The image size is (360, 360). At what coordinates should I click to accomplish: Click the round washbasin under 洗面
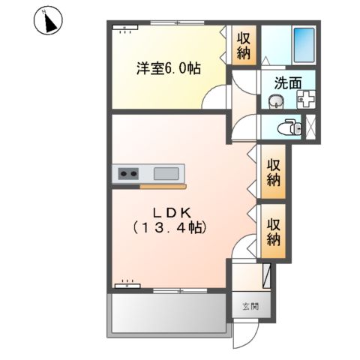click(274, 101)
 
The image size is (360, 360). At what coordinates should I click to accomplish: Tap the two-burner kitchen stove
click(127, 174)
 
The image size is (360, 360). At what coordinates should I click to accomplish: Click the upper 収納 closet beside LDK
click(273, 173)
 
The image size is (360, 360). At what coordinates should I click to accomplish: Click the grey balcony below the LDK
click(169, 313)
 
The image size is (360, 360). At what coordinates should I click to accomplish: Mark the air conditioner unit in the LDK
click(126, 284)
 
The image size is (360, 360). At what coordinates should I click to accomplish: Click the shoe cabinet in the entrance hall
click(268, 275)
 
